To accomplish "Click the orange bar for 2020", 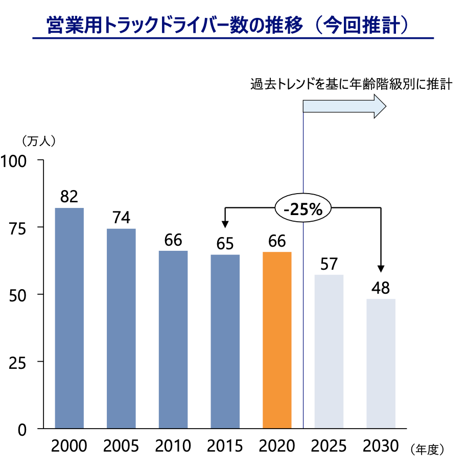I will (x=277, y=340).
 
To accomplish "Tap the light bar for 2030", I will (x=381, y=363).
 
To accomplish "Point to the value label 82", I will (x=69, y=196).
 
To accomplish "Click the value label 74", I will (x=121, y=218).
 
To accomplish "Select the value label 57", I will (x=329, y=264).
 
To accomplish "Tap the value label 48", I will (x=381, y=288).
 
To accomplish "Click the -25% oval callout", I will (x=303, y=208).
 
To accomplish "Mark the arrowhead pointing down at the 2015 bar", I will (x=225, y=224).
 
